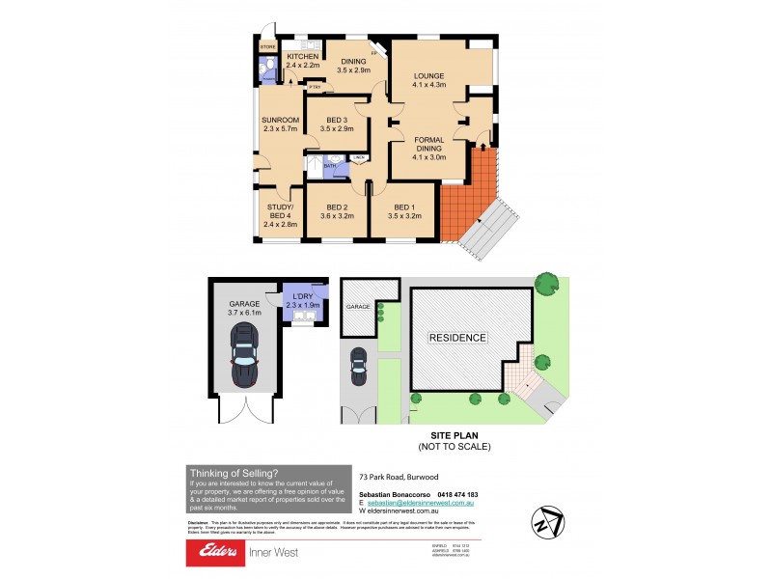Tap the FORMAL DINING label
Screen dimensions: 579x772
[429, 147]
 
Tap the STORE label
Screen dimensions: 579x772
[267, 46]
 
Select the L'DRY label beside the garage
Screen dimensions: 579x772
[301, 300]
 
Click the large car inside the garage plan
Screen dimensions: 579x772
[246, 354]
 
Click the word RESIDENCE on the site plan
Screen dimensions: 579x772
[458, 338]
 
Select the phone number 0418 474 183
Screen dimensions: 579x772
[452, 494]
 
